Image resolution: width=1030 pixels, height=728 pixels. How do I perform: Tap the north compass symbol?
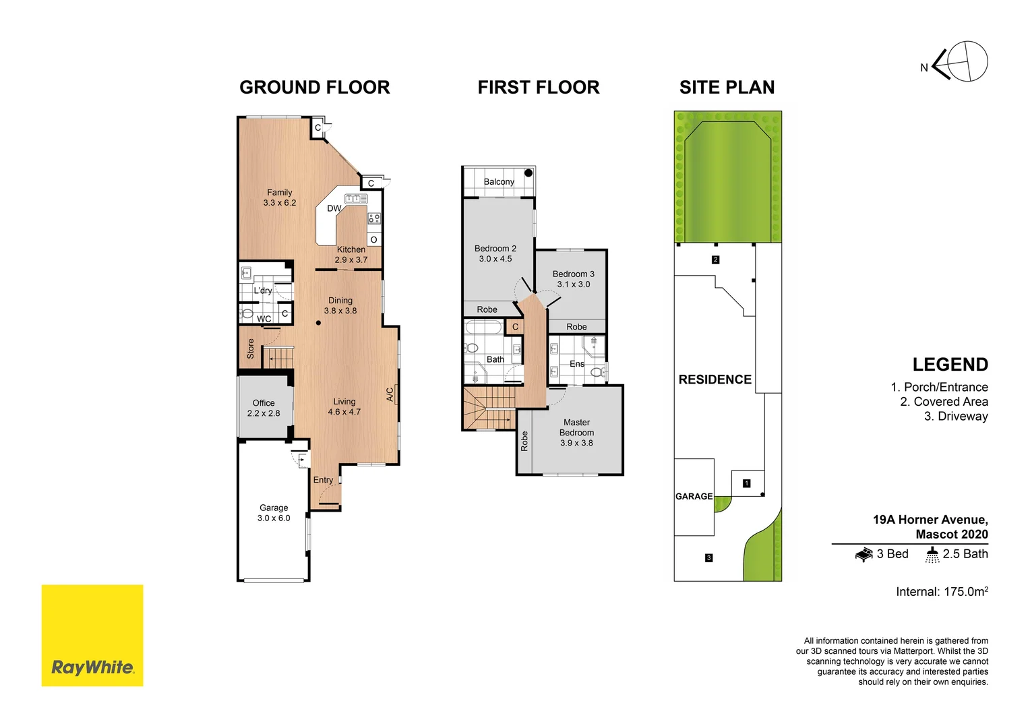[960, 62]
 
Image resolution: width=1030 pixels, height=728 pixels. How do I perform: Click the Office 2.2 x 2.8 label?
[263, 408]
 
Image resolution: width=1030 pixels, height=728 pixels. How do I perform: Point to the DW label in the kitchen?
[334, 208]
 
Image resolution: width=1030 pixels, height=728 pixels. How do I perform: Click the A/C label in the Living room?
[390, 394]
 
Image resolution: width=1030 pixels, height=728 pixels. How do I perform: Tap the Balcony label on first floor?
[499, 181]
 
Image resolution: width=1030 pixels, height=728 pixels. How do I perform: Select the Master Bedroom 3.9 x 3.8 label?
[576, 432]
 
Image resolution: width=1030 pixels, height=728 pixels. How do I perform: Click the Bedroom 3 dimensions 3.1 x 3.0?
[573, 284]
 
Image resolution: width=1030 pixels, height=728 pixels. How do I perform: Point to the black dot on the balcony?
[528, 173]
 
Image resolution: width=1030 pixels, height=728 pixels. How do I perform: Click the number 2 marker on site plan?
[715, 260]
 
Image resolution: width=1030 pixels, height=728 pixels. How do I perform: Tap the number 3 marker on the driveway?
[708, 557]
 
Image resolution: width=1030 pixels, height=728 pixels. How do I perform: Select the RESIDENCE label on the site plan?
[715, 380]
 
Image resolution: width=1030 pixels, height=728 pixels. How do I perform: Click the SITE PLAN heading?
[727, 87]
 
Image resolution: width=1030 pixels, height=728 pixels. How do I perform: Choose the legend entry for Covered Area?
[944, 402]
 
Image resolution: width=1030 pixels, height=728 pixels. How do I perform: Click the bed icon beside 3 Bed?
[864, 555]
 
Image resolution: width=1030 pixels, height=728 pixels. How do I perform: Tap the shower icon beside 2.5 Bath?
[932, 555]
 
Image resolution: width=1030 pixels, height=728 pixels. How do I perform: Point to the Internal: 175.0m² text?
[942, 592]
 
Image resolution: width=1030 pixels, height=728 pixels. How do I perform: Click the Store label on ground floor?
[251, 348]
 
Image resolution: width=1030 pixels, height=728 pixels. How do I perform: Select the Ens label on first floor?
[577, 364]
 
